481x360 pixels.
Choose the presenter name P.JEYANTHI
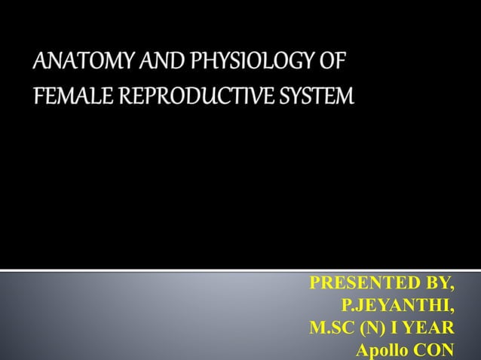(394, 305)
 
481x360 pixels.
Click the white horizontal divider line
(240, 269)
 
